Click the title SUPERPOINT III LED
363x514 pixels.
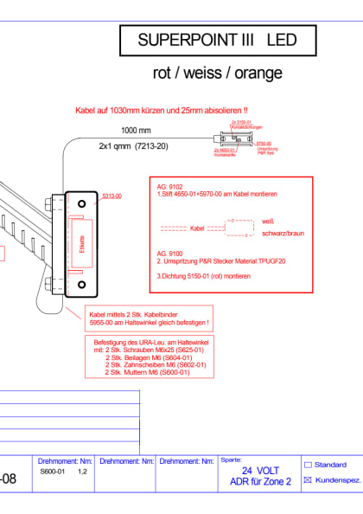coord(217,40)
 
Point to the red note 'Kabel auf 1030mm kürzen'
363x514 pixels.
coord(162,111)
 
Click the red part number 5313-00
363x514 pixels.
coord(111,196)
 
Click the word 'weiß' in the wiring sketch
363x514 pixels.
coord(267,222)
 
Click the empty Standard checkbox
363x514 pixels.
coord(309,465)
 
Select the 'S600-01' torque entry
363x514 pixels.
coord(53,472)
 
